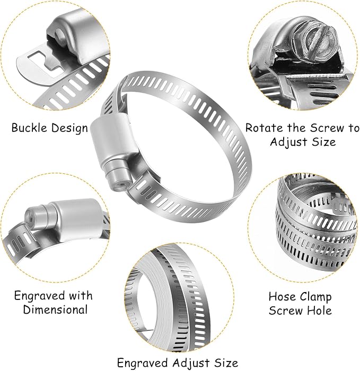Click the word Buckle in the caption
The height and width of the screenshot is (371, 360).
tap(29, 128)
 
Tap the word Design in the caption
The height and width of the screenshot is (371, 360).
tap(69, 128)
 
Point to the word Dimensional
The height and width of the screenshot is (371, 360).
tap(55, 310)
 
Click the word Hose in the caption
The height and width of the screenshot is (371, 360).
tap(280, 296)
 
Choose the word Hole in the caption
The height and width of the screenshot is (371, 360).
tap(320, 311)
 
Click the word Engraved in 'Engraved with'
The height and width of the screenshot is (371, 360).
tap(39, 296)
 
